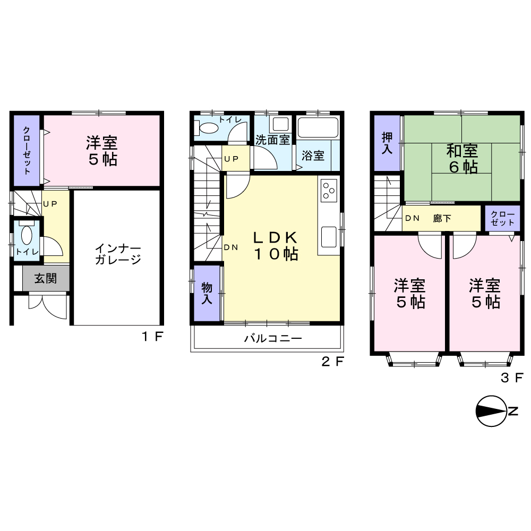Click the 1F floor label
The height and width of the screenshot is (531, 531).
pyautogui.click(x=152, y=337)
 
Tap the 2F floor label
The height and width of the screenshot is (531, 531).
pyautogui.click(x=332, y=362)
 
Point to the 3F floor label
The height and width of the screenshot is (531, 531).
pyautogui.click(x=512, y=378)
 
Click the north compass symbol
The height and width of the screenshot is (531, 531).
pyautogui.click(x=496, y=411)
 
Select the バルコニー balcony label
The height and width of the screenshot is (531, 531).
pyautogui.click(x=273, y=338)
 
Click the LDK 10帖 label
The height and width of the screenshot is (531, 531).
pyautogui.click(x=276, y=246)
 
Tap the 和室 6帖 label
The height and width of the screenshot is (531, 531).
pyautogui.click(x=463, y=159)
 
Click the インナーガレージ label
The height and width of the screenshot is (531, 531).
pyautogui.click(x=117, y=254)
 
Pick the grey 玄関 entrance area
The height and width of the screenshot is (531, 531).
pyautogui.click(x=46, y=278)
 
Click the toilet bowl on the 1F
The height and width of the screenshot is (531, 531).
pyautogui.click(x=27, y=235)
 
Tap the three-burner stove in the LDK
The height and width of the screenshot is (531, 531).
pyautogui.click(x=329, y=191)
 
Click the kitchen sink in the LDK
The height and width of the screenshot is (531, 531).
pyautogui.click(x=329, y=237)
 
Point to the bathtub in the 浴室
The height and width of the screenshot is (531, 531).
pyautogui.click(x=318, y=127)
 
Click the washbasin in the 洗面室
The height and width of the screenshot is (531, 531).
pyautogui.click(x=281, y=124)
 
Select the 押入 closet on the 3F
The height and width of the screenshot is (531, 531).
pyautogui.click(x=387, y=143)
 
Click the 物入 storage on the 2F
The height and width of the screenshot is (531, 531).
pyautogui.click(x=207, y=293)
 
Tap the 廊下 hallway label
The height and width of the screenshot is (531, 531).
pyautogui.click(x=442, y=218)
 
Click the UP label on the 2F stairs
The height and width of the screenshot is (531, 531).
pyautogui.click(x=232, y=159)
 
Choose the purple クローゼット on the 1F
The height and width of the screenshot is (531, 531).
pyautogui.click(x=27, y=150)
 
